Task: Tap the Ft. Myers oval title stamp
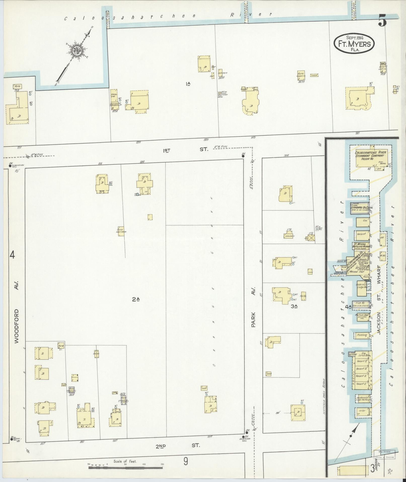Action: pyautogui.click(x=354, y=44)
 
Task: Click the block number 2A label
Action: pyautogui.click(x=136, y=299)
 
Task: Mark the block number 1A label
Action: pyautogui.click(x=188, y=84)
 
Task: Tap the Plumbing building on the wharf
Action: pyautogui.click(x=362, y=335)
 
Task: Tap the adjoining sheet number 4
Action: pyautogui.click(x=12, y=255)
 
